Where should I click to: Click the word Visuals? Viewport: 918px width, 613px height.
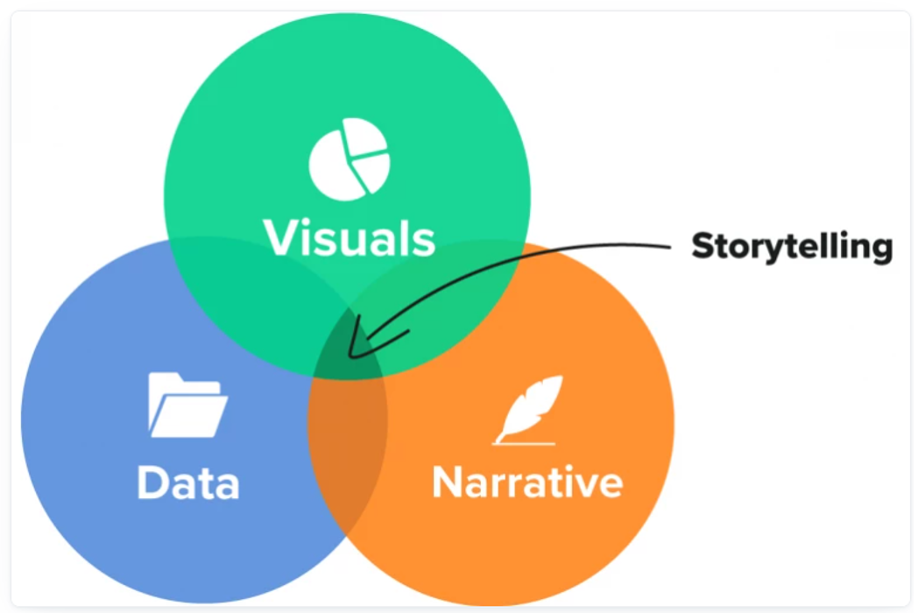(x=349, y=236)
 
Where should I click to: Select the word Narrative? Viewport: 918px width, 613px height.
(x=527, y=482)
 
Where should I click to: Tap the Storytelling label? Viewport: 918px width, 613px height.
(x=791, y=246)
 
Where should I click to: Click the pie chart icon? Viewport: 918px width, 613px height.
(x=348, y=157)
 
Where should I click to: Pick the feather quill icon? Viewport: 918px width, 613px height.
(x=529, y=408)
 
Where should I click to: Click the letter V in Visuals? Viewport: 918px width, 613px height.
(x=279, y=236)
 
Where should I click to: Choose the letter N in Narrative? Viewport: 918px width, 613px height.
(x=448, y=482)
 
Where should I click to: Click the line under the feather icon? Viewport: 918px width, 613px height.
(x=523, y=443)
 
